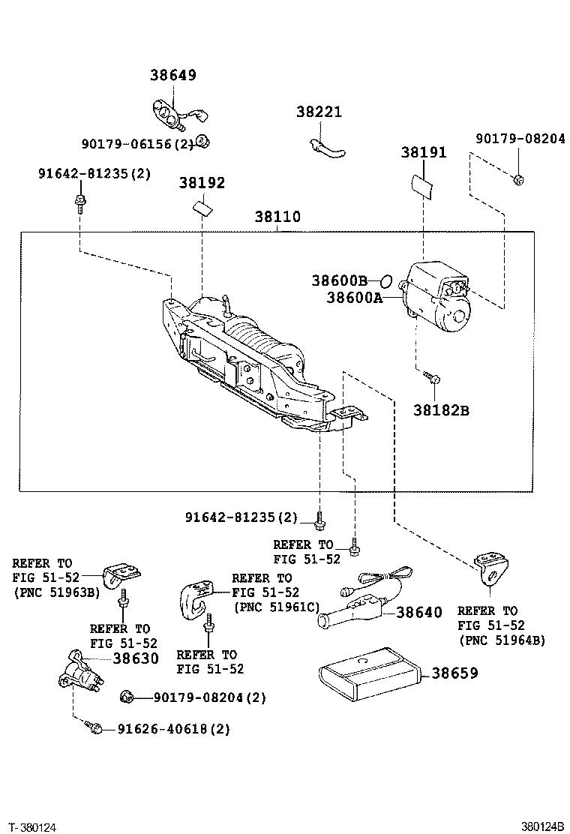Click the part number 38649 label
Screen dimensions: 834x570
(172, 75)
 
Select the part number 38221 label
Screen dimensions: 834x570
(318, 112)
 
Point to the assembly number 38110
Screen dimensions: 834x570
(277, 217)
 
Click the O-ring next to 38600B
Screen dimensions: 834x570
(384, 281)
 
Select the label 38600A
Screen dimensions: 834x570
(354, 298)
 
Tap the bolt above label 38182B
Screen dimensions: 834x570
(432, 378)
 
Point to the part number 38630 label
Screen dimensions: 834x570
(136, 658)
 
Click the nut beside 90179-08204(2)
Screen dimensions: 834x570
(127, 698)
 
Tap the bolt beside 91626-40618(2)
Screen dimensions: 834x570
(94, 727)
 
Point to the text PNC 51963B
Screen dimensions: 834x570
(56, 592)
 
